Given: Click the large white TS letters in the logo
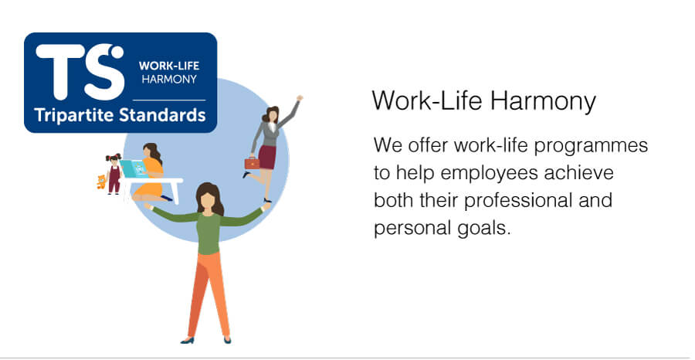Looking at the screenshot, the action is click(80, 72).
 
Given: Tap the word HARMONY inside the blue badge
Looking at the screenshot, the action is click(169, 80).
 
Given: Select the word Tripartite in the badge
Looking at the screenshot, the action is click(74, 116).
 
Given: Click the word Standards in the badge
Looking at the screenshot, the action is click(162, 115).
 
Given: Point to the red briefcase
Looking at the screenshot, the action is click(253, 163).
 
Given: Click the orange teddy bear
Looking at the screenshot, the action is click(101, 182).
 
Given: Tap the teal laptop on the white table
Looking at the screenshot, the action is click(134, 169).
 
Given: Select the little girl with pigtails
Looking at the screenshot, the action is click(114, 173).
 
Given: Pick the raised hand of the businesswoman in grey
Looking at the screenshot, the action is click(300, 98).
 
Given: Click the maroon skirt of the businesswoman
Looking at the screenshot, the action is click(267, 157).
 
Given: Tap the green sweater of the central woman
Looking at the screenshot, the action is click(208, 226).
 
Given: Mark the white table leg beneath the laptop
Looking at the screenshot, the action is click(176, 192).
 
